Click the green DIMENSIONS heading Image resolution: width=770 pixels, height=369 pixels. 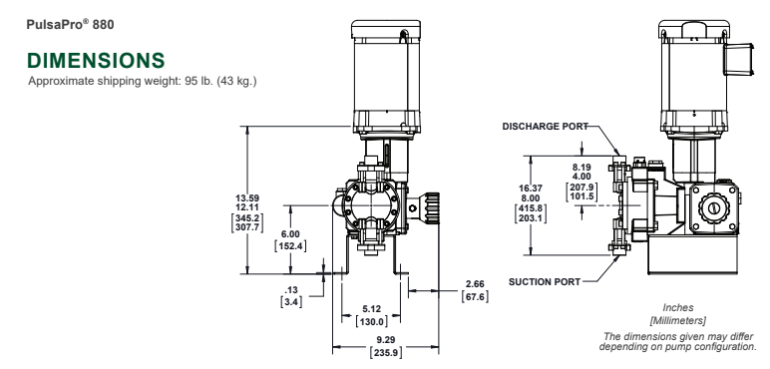click(x=96, y=61)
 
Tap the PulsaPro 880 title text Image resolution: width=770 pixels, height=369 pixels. click(x=70, y=24)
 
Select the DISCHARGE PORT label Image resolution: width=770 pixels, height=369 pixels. click(x=546, y=126)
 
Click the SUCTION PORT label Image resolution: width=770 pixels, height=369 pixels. click(x=545, y=281)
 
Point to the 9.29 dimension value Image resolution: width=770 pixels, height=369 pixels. click(x=386, y=339)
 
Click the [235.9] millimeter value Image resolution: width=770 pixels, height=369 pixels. click(x=385, y=352)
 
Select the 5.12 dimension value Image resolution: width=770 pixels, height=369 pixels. click(x=371, y=308)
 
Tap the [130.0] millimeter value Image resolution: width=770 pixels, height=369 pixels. click(x=371, y=321)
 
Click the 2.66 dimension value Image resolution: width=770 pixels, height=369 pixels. click(x=475, y=283)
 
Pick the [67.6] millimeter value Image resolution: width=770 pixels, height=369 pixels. click(x=475, y=296)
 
